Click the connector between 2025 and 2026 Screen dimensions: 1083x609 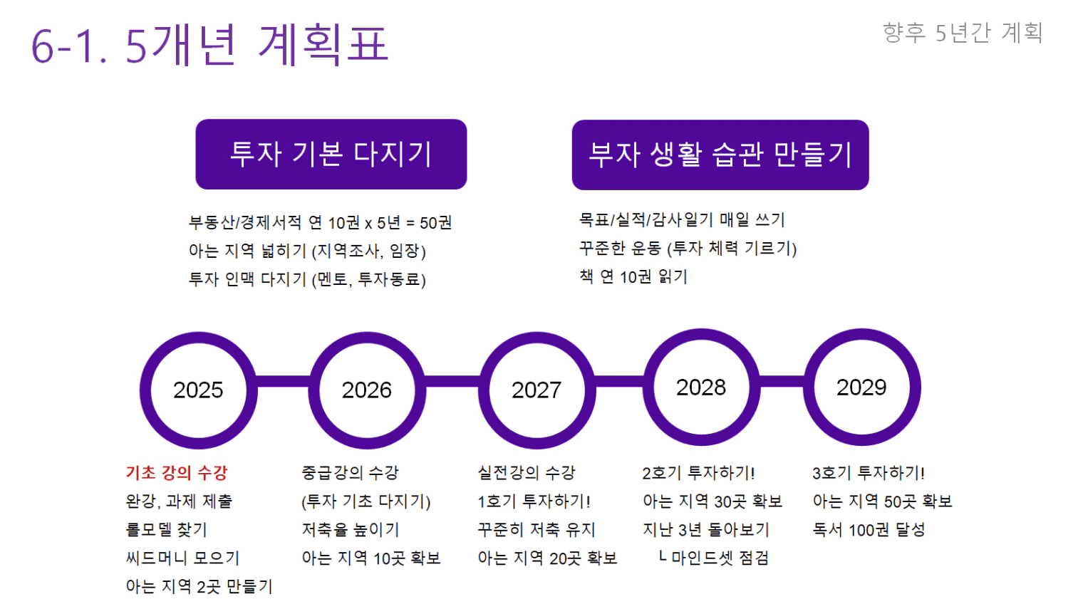click(283, 381)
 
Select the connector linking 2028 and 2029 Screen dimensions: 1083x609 click(782, 381)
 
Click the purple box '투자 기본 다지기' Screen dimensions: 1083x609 click(331, 154)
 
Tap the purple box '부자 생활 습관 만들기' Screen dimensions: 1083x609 click(720, 155)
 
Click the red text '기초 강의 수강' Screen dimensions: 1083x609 click(177, 473)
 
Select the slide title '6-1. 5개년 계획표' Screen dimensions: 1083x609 click(209, 45)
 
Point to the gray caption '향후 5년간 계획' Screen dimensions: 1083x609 click(963, 33)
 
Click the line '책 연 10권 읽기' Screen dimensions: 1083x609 click(633, 277)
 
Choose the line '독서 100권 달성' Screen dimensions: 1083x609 click(869, 530)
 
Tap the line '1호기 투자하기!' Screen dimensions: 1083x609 click(534, 501)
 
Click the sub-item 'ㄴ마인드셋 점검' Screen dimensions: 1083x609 click(714, 558)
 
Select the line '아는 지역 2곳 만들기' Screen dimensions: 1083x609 click(199, 586)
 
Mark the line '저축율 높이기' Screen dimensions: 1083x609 click(351, 530)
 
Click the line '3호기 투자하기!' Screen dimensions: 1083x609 click(869, 473)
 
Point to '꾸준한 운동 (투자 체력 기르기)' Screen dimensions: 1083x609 click(688, 249)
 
